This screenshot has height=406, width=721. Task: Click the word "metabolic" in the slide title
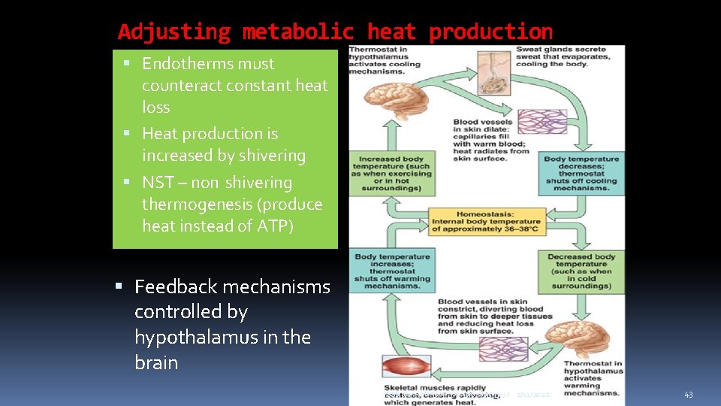tap(298, 32)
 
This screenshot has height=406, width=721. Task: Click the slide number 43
tap(689, 395)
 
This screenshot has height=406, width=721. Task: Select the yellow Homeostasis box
tap(485, 222)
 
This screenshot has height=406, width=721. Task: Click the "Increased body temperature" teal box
tap(391, 173)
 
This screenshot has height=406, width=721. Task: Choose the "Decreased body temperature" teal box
tap(581, 271)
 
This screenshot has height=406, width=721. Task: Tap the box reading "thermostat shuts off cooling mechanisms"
tap(581, 173)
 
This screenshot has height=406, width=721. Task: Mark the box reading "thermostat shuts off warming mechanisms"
tap(391, 271)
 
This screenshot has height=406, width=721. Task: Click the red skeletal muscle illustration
tap(406, 368)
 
